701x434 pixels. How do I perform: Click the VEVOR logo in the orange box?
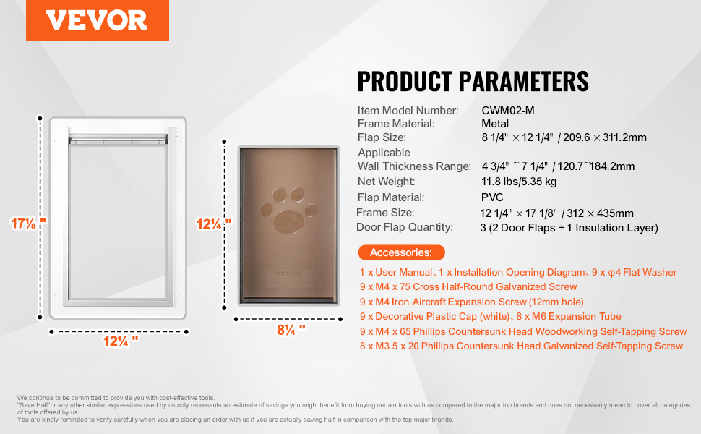click(97, 20)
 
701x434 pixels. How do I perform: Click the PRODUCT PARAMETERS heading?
click(473, 82)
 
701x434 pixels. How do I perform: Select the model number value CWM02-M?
click(508, 111)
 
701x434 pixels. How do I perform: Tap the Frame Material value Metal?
click(495, 124)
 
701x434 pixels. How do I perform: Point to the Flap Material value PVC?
click(492, 197)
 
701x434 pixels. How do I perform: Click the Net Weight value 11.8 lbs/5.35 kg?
click(519, 182)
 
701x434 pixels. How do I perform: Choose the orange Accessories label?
click(402, 252)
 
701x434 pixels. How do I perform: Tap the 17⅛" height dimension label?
click(27, 223)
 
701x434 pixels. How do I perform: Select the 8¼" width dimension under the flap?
click(291, 330)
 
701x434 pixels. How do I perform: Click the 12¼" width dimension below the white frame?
click(121, 341)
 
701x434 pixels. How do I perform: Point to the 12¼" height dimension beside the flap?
click(214, 224)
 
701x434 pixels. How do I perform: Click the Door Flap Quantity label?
click(404, 227)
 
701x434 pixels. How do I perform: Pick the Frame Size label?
click(385, 213)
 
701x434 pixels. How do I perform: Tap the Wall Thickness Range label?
click(414, 166)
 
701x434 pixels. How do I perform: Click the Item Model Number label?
click(408, 111)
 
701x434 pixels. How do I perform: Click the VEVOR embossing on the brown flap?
click(288, 274)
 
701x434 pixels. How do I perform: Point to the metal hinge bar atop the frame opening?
click(118, 140)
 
